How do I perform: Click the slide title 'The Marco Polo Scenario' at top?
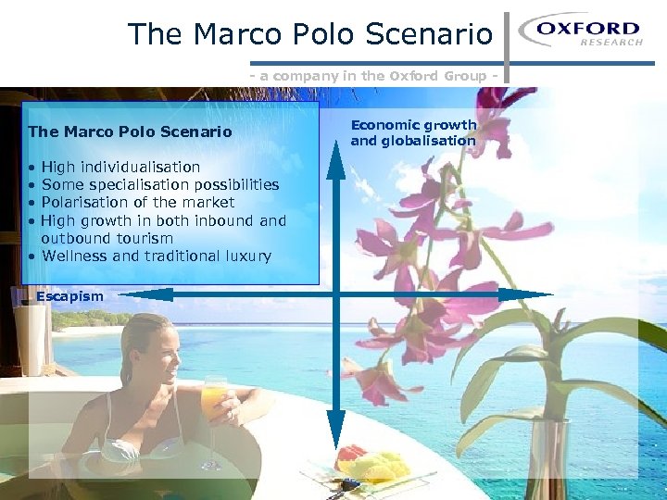point(310,34)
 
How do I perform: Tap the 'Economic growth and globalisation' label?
point(413,132)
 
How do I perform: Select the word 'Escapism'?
point(69,296)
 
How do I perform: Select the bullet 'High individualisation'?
point(120,167)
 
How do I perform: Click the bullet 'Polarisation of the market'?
point(138,202)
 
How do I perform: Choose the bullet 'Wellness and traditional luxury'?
point(157,256)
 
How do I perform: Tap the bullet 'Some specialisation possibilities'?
point(160,184)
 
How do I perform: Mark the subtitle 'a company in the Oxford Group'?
point(379,76)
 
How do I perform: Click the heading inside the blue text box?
point(130,131)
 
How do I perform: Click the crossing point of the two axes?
point(336,294)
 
